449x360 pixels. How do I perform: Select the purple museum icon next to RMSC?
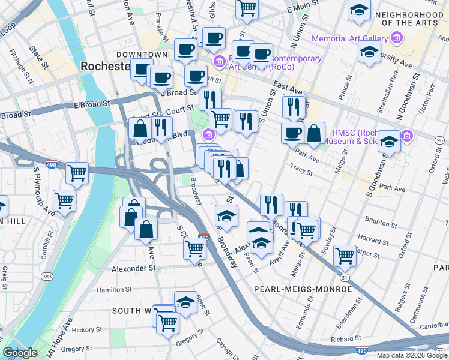coord(408,136)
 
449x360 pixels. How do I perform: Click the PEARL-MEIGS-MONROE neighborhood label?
coord(303,289)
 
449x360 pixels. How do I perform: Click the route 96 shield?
coord(440,140)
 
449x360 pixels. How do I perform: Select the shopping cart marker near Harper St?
coord(345,255)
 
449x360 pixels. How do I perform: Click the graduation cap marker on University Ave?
coord(369,52)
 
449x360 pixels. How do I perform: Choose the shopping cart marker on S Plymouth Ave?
coord(64,200)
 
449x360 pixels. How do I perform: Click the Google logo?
coord(20,353)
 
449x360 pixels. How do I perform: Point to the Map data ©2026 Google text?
coord(412,355)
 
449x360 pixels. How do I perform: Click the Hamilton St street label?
coord(114,289)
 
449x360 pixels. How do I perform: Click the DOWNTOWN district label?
coord(142,55)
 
